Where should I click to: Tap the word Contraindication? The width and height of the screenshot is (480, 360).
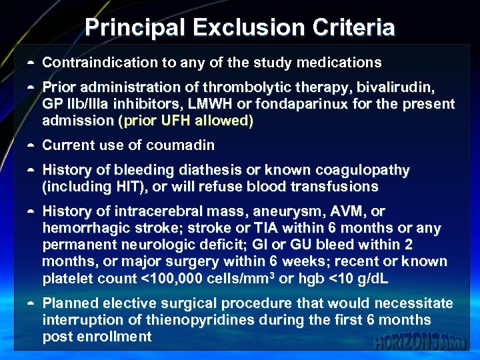click(99, 63)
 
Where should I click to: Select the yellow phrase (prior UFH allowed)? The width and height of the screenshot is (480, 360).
click(185, 121)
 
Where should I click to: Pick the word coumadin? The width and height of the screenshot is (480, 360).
click(181, 145)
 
